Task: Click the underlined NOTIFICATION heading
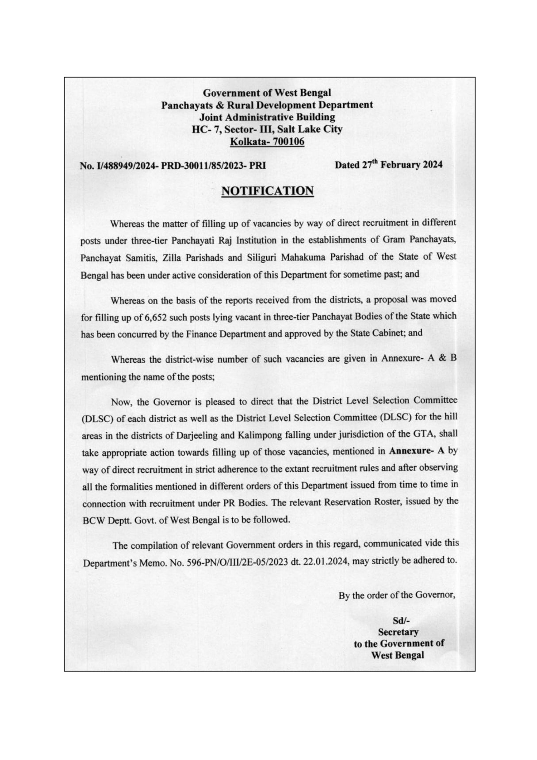pos(267,191)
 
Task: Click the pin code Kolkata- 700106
pos(267,142)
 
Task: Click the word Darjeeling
pos(192,435)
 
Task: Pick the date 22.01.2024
pos(326,561)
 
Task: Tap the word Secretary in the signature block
pos(398,632)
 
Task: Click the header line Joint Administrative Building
pos(267,117)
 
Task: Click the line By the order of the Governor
pos(397,595)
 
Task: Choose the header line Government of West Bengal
pos(267,93)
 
